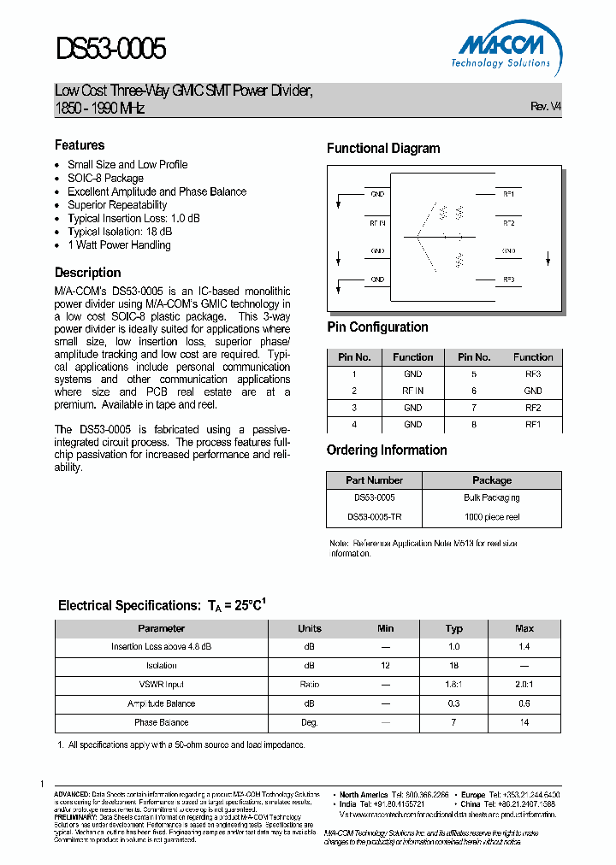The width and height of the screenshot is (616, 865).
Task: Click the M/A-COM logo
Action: coord(501,45)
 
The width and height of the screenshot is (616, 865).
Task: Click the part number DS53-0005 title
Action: coord(110,49)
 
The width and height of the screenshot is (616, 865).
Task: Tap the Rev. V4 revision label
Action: coord(546,107)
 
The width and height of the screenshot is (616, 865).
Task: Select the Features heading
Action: coord(80,145)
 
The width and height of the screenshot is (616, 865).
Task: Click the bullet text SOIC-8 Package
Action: coord(105,178)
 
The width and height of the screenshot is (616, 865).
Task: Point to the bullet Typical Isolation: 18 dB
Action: coord(120,232)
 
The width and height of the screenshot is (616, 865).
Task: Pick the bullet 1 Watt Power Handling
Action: coord(119,245)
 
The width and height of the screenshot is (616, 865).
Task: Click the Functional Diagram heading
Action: coord(383,149)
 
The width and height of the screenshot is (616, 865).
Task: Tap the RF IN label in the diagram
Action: coord(377,222)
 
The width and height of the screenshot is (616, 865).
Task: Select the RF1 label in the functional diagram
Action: coord(508,194)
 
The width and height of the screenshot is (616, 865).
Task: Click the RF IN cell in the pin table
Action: coord(413,391)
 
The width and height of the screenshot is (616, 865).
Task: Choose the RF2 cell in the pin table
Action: coord(533,408)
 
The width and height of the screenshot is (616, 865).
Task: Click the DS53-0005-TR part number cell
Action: coord(374,516)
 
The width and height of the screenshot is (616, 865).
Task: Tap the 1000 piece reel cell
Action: coord(492,516)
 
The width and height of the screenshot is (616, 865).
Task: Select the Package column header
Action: coord(492,480)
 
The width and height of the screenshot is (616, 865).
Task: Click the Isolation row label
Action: coord(161,666)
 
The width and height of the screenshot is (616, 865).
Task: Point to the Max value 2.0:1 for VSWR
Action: coord(524,685)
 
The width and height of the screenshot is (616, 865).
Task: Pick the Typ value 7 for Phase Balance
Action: coord(454,722)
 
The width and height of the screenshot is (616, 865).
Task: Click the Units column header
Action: coord(310,628)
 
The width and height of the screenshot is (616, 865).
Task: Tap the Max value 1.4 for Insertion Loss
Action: coord(524,647)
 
